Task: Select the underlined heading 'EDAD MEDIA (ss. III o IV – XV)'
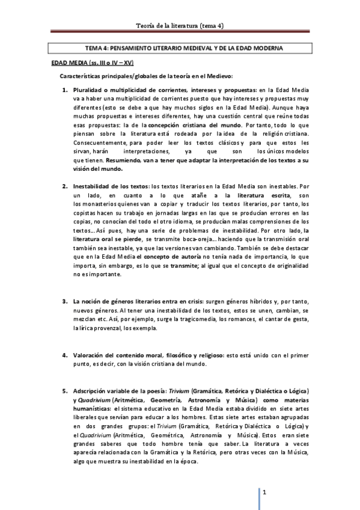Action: pyautogui.click(x=91, y=62)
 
